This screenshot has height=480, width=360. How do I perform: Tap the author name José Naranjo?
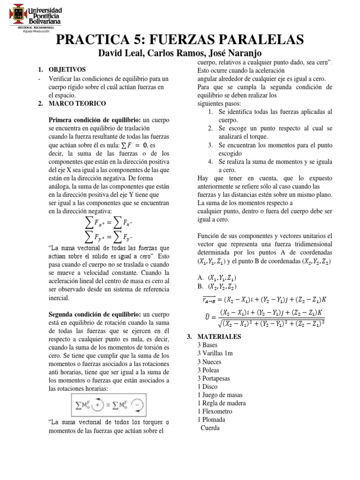coord(234,53)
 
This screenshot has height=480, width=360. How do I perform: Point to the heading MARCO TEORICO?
coord(77,103)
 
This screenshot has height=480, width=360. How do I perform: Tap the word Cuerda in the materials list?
coord(210,428)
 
